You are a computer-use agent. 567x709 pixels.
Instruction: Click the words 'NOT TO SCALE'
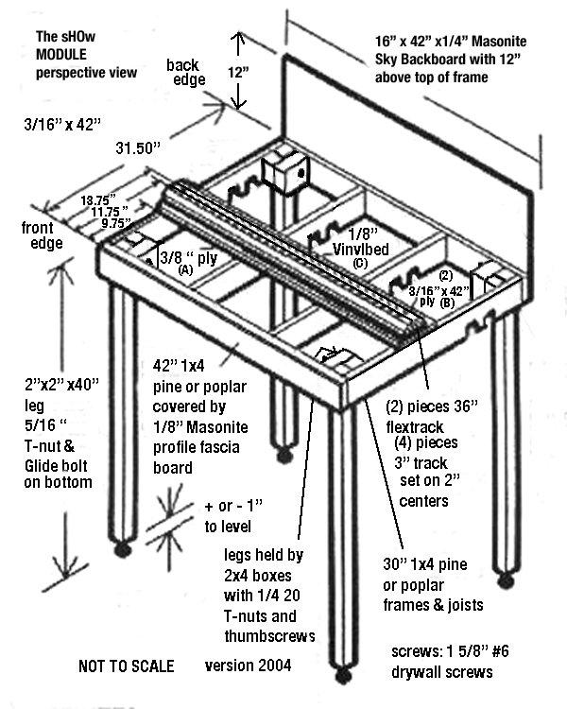124,666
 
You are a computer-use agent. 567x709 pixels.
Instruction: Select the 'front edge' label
43,235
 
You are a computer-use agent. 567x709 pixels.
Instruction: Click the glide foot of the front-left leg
123,548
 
